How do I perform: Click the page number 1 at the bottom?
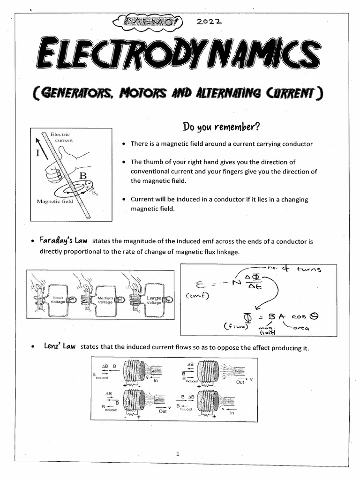click(178, 453)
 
